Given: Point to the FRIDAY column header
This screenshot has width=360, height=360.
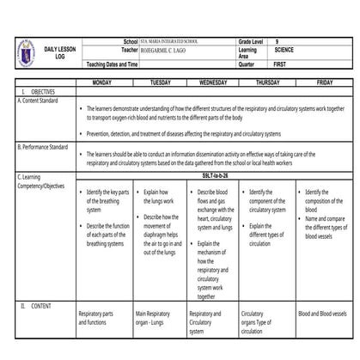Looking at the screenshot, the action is coord(324,83).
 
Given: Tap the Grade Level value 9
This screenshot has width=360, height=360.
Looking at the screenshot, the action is coord(277,41).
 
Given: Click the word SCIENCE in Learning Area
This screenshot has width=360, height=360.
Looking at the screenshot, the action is coord(284,51).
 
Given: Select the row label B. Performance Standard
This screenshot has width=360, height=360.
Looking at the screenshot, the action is coord(42,147).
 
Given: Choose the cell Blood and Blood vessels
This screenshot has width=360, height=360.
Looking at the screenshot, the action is coord(322,314).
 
